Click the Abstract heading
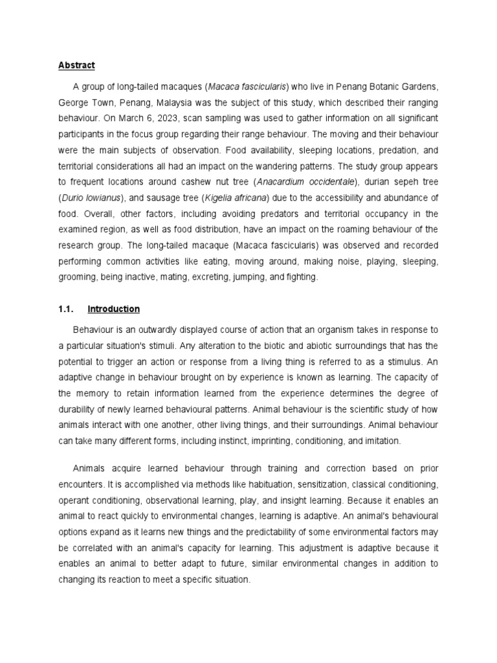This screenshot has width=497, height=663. [76, 65]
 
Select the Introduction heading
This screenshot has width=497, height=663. [113, 309]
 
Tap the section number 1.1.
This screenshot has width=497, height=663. [67, 309]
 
